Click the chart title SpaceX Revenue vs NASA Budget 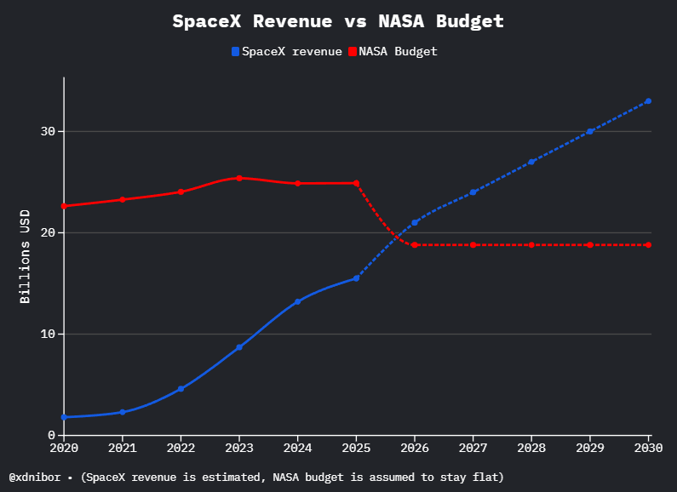click(x=338, y=21)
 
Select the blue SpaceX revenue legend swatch click(x=236, y=52)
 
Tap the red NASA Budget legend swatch click(x=353, y=52)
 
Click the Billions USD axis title click(x=25, y=256)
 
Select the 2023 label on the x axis click(x=239, y=447)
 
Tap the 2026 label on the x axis click(x=415, y=447)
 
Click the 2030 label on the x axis click(x=648, y=447)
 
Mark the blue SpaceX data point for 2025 click(x=356, y=278)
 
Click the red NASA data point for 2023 click(x=239, y=178)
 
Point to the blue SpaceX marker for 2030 click(x=648, y=101)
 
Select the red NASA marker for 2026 click(x=415, y=245)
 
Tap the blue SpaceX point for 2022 click(x=181, y=388)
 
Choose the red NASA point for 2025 click(x=356, y=183)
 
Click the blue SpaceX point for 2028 click(x=531, y=162)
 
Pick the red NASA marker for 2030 click(x=648, y=245)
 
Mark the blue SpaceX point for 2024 click(x=297, y=301)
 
